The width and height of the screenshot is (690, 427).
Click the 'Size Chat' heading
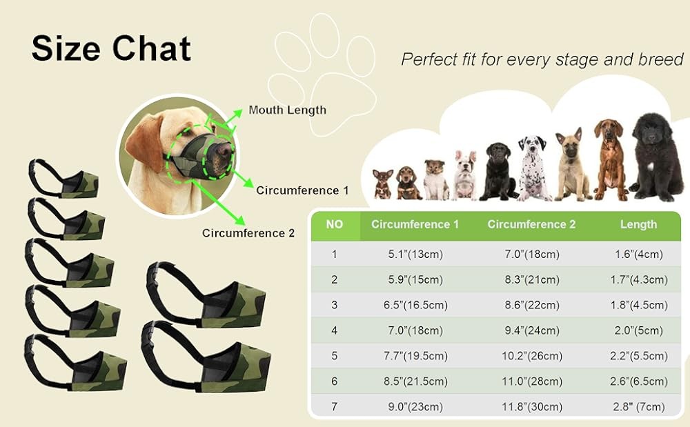coord(111,48)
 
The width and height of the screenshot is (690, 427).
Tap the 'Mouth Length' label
coord(287,110)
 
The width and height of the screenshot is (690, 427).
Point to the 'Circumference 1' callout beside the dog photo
coord(302,190)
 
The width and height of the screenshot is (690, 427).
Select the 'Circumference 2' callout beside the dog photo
coord(248,232)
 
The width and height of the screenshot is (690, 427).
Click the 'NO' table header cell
coord(334,224)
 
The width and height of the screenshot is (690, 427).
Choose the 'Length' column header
coord(638,224)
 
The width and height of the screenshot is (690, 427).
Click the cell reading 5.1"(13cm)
coord(415,255)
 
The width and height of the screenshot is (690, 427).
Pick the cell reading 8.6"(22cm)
coord(531,305)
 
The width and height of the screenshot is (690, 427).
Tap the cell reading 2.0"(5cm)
coord(638,330)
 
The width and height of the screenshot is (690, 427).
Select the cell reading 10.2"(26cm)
coord(531,356)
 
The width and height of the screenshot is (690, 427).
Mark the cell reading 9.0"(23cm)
coord(415,406)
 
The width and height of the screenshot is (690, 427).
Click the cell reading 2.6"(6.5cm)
coord(638,381)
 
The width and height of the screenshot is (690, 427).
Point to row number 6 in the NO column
coord(334,381)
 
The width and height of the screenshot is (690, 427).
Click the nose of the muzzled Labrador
coord(222,148)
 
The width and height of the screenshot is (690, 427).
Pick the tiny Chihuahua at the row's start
coord(383,183)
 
